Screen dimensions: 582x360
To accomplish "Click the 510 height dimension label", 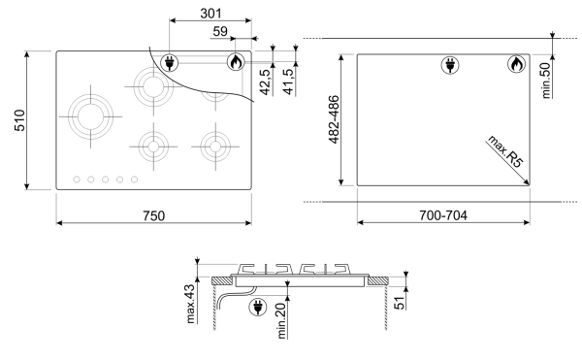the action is (x=19, y=120).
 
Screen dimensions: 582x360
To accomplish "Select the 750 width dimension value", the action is (x=153, y=215).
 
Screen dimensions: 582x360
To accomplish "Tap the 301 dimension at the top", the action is (x=210, y=14).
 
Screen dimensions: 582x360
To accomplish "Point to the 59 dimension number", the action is (x=220, y=31).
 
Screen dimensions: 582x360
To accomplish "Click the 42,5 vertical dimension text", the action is (x=266, y=82).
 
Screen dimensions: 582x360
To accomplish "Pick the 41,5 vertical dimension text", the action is (x=288, y=82).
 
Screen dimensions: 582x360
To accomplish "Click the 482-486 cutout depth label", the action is (x=334, y=119).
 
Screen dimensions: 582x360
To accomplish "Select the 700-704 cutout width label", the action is (x=443, y=215).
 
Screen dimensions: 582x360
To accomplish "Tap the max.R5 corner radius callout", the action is (x=505, y=151).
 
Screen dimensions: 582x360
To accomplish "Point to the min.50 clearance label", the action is (x=545, y=81).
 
